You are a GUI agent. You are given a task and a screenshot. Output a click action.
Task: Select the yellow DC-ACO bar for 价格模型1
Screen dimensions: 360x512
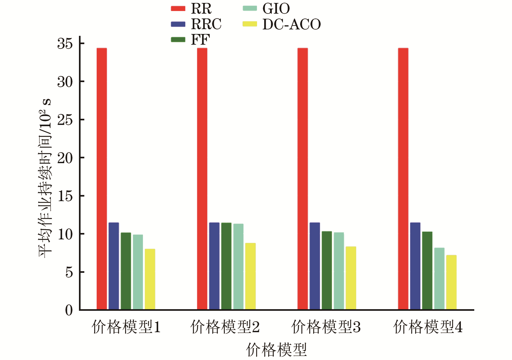coord(150,279)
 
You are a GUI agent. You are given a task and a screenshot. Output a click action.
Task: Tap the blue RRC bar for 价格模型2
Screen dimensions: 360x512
coord(214,266)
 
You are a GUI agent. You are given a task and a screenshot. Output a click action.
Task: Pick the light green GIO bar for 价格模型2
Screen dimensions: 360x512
coord(238,267)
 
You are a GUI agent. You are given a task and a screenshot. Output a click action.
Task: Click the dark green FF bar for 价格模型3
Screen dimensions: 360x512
coord(327,270)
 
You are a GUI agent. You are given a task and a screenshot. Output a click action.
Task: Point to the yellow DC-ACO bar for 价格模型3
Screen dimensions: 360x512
coord(351,278)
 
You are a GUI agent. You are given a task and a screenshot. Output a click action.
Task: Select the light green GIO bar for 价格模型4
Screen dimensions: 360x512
coord(439,279)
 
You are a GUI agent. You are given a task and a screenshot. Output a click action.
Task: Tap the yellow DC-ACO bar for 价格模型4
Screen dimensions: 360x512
coord(451,282)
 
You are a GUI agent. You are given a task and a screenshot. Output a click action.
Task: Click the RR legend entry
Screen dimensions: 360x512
coord(191,9)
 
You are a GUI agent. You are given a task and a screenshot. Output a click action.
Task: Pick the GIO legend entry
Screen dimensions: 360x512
coord(266,9)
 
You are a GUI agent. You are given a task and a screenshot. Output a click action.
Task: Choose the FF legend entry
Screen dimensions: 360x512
coord(191,40)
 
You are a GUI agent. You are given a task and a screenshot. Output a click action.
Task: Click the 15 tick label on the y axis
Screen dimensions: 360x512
coord(65,196)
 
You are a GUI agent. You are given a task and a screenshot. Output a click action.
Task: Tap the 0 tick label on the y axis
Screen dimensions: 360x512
coord(69,310)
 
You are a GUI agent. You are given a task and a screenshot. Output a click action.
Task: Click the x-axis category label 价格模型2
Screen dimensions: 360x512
coord(225,327)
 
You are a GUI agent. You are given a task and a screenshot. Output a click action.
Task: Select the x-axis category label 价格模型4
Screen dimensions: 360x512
coord(428,327)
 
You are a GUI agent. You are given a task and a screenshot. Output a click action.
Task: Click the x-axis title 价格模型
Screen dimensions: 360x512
coord(276,350)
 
